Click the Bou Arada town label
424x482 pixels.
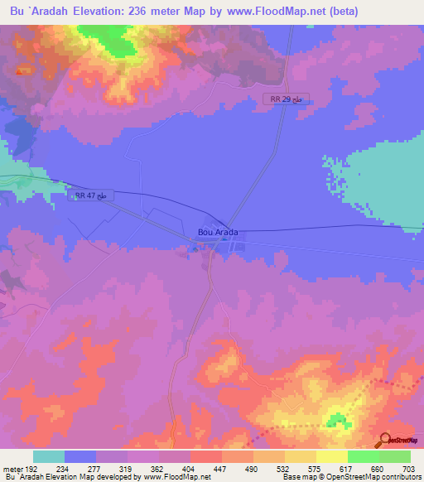219,233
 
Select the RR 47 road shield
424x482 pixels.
90,195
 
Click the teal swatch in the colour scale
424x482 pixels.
48,456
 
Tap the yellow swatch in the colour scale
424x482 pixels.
331,456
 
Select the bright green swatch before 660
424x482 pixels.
363,456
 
